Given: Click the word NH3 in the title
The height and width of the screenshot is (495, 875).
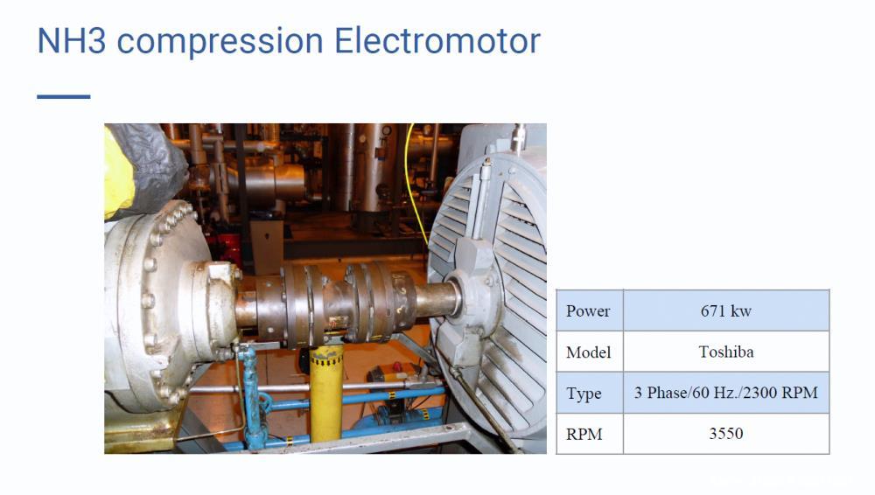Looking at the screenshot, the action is pyautogui.click(x=72, y=41).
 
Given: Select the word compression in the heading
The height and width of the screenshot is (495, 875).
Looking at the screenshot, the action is pyautogui.click(x=220, y=42).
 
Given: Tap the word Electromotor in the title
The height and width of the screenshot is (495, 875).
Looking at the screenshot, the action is pyautogui.click(x=437, y=41).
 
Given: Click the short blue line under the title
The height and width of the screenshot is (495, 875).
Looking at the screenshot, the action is pyautogui.click(x=64, y=96).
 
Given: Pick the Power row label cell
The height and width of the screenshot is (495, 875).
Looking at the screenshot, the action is pyautogui.click(x=590, y=310).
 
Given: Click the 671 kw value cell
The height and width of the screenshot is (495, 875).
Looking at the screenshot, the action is pyautogui.click(x=726, y=310).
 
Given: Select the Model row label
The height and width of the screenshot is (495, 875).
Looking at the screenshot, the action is pyautogui.click(x=590, y=352).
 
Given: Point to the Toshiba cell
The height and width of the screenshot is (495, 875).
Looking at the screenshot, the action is pyautogui.click(x=726, y=352).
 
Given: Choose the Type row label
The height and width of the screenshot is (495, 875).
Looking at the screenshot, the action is pyautogui.click(x=590, y=393).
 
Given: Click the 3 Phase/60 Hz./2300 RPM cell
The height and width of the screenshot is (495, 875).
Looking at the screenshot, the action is pyautogui.click(x=726, y=393).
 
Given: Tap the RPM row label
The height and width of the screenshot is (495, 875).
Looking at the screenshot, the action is pyautogui.click(x=590, y=434).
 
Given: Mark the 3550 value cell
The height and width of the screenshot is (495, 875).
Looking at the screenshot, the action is pyautogui.click(x=726, y=434).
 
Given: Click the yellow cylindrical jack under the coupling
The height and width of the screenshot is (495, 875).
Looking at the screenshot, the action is pyautogui.click(x=326, y=394).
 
